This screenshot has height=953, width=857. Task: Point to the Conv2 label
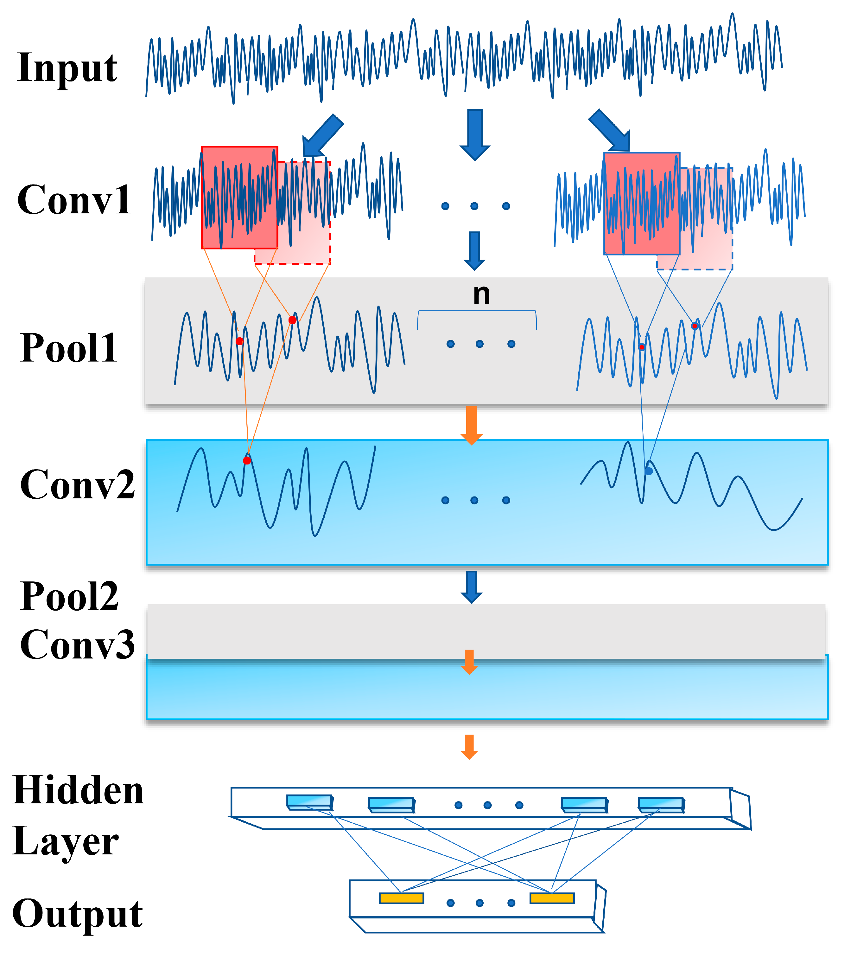[x=77, y=484]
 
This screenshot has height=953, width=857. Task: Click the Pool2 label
[x=69, y=596]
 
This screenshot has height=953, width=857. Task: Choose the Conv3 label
[x=77, y=644]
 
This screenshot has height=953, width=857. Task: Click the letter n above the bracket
[x=481, y=295]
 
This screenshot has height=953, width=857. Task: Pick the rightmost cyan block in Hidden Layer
[x=661, y=804]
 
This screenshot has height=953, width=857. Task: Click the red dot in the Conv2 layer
[x=247, y=460]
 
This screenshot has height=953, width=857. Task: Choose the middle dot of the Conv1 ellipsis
[x=474, y=206]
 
